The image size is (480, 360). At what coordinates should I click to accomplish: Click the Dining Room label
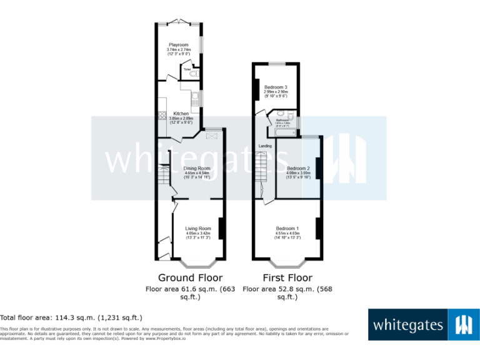[x=196, y=168]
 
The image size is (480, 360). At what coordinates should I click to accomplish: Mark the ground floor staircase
[x=164, y=177]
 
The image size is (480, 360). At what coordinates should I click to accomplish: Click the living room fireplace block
[x=221, y=227]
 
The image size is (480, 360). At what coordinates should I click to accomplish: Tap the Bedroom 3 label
[x=275, y=87]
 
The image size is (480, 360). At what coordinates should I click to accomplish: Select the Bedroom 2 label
[x=298, y=168]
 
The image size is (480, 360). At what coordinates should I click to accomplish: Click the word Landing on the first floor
[x=265, y=146]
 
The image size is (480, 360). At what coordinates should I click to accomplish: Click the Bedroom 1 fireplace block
[x=319, y=228]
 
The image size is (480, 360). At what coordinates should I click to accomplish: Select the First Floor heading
[x=287, y=277]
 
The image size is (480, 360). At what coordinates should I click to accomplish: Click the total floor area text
[x=71, y=317]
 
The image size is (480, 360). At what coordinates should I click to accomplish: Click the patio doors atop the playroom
[x=179, y=22]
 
